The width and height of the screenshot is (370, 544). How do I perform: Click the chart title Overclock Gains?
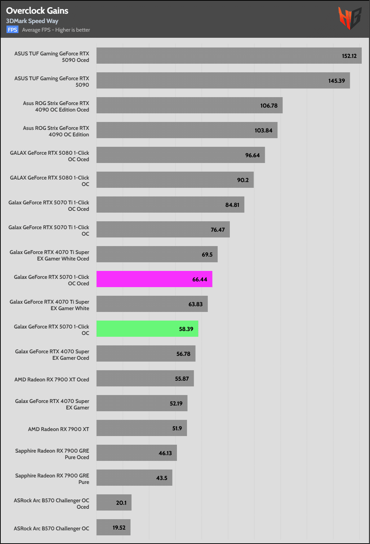pyautogui.click(x=37, y=11)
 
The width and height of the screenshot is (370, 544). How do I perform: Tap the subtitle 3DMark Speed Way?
pyautogui.click(x=32, y=21)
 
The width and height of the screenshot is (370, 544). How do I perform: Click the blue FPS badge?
pyautogui.click(x=12, y=30)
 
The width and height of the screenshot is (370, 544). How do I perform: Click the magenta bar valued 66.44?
pyautogui.click(x=154, y=279)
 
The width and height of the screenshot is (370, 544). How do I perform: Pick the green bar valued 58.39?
pyautogui.click(x=147, y=329)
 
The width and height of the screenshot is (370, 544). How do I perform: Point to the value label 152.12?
pyautogui.click(x=349, y=56)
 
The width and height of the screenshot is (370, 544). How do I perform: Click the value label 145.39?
pyautogui.click(x=336, y=81)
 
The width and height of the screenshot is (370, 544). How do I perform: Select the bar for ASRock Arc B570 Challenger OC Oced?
pyautogui.click(x=114, y=503)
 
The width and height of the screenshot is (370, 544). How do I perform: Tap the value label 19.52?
pyautogui.click(x=119, y=528)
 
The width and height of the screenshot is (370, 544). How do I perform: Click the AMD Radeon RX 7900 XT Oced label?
pyautogui.click(x=52, y=380)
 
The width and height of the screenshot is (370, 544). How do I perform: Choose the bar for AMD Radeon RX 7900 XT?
pyautogui.click(x=142, y=428)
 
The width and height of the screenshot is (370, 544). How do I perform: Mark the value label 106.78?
pyautogui.click(x=269, y=106)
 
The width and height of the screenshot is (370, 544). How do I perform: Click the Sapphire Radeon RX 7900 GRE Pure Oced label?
pyautogui.click(x=52, y=454)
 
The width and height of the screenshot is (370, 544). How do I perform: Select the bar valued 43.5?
pyautogui.click(x=134, y=478)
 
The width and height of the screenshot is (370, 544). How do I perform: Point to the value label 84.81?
pyautogui.click(x=232, y=205)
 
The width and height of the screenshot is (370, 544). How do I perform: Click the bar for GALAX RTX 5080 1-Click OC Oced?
pyautogui.click(x=180, y=155)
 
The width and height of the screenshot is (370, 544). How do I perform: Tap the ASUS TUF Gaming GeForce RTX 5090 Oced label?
pyautogui.click(x=52, y=57)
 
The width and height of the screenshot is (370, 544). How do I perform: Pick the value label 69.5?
pyautogui.click(x=207, y=255)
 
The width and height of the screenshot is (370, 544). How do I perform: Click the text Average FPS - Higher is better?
pyautogui.click(x=56, y=30)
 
